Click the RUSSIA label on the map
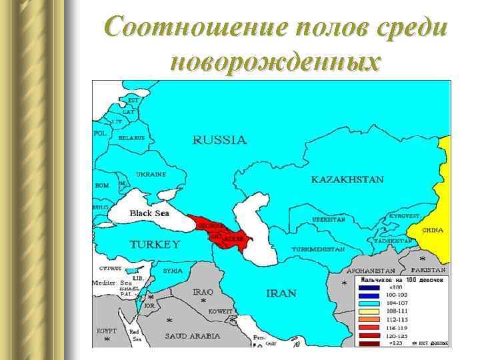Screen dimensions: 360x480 pyautogui.click(x=219, y=140)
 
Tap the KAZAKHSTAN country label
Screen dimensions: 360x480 pyautogui.click(x=347, y=179)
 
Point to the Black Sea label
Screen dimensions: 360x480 pyautogui.click(x=149, y=213)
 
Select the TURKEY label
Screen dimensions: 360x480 pyautogui.click(x=154, y=244)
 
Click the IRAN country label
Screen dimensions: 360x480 pyautogui.click(x=281, y=293)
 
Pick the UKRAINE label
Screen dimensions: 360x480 pyautogui.click(x=151, y=174)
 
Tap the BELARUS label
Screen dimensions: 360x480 pyautogui.click(x=131, y=137)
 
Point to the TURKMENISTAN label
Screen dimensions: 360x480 pyautogui.click(x=317, y=249)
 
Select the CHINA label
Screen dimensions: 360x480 pyautogui.click(x=433, y=230)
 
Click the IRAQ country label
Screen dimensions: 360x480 pyautogui.click(x=203, y=292)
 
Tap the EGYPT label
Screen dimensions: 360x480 pyautogui.click(x=106, y=331)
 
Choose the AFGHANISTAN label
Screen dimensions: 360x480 pyautogui.click(x=371, y=272)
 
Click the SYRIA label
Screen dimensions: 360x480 pyautogui.click(x=173, y=271)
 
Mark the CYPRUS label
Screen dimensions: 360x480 pyautogui.click(x=110, y=268)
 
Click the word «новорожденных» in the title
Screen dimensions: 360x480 pyautogui.click(x=276, y=61)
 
